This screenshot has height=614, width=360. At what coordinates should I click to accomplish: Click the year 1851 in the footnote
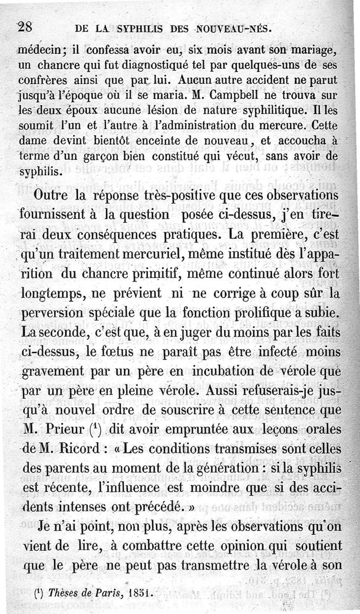point(139,593)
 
